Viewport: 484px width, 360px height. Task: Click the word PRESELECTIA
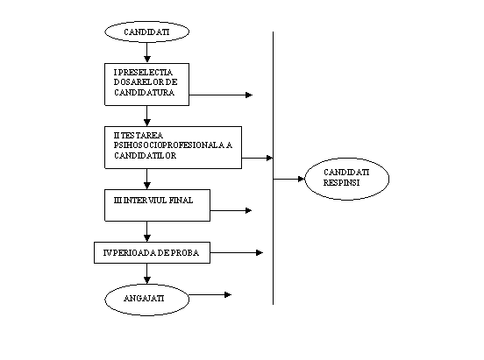click(x=146, y=72)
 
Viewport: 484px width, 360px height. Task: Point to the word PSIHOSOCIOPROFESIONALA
click(x=169, y=145)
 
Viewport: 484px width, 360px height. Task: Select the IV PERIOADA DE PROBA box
click(x=153, y=252)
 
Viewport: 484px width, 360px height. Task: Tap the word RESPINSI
click(x=342, y=182)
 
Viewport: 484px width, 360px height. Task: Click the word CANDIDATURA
click(x=145, y=93)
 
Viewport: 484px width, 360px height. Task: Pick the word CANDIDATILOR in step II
click(x=146, y=156)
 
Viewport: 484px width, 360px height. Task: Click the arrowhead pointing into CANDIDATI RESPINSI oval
click(x=302, y=179)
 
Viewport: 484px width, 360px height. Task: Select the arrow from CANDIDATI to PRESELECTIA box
click(x=147, y=53)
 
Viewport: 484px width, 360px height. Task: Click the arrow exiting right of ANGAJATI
click(x=210, y=295)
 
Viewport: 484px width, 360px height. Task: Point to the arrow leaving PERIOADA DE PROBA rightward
click(x=237, y=252)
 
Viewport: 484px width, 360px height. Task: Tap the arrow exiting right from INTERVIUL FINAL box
click(x=231, y=210)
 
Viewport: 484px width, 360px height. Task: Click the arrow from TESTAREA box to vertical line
click(x=258, y=158)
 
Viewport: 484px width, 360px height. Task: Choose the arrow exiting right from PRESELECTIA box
click(x=221, y=95)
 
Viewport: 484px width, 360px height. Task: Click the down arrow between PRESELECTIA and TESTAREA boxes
click(x=147, y=116)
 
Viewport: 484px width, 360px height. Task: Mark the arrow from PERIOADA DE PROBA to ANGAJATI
click(x=147, y=273)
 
